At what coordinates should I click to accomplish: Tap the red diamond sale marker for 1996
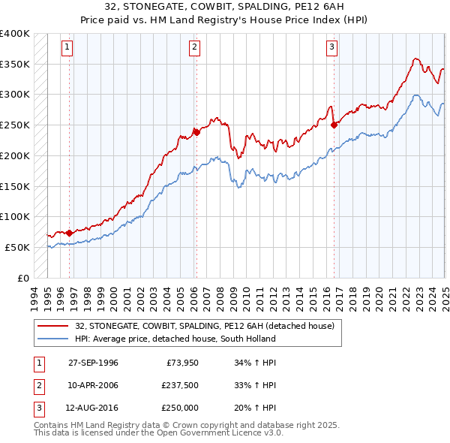click(69, 233)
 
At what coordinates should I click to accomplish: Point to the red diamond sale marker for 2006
click(196, 132)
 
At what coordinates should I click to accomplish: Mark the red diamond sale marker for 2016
click(334, 125)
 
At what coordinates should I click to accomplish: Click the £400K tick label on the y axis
click(15, 34)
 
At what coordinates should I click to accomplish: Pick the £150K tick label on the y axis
click(15, 186)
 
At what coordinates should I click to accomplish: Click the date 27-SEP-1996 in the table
click(93, 363)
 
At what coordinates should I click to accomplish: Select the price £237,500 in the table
click(180, 385)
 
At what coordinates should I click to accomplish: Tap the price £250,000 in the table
click(180, 408)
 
